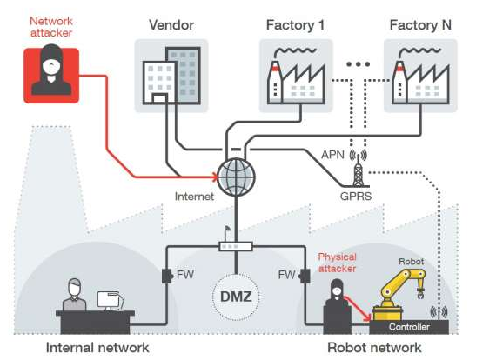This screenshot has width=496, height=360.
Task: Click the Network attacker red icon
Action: tap(51, 76)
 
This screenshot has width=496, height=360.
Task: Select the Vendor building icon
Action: tap(171, 76)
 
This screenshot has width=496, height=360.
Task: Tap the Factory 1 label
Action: tap(296, 25)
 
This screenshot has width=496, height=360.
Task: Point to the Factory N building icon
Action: tap(420, 76)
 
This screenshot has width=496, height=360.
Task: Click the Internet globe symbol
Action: tap(237, 177)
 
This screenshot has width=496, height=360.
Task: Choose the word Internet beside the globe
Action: tap(194, 197)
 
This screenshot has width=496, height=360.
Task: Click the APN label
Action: tap(332, 155)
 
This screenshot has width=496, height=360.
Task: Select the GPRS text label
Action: tap(356, 197)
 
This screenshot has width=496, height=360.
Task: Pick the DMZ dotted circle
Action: tap(236, 297)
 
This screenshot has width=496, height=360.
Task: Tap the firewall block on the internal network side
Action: tap(167, 276)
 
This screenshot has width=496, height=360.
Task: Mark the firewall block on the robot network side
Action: tap(305, 276)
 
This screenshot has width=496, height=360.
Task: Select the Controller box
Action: tap(409, 327)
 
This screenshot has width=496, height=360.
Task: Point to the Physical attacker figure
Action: tap(338, 307)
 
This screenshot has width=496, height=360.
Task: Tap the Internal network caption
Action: tap(97, 348)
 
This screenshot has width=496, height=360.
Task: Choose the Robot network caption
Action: tap(374, 348)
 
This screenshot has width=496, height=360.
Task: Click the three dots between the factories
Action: tap(359, 64)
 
